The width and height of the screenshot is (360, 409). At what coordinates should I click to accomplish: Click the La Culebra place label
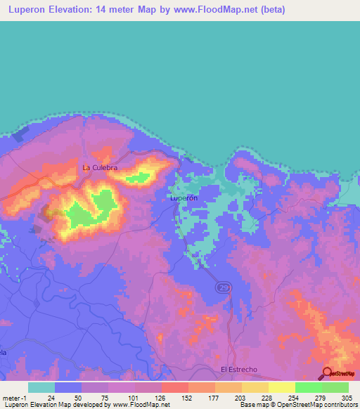point(99,168)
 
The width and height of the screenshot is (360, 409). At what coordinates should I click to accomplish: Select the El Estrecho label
point(239,369)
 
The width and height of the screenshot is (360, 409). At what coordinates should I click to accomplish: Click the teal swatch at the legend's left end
point(41,387)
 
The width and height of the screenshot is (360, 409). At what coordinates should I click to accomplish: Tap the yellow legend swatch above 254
point(281,387)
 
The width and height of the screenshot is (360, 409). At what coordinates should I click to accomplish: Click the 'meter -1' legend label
point(14,397)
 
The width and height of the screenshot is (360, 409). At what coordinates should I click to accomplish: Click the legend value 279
point(307,397)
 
